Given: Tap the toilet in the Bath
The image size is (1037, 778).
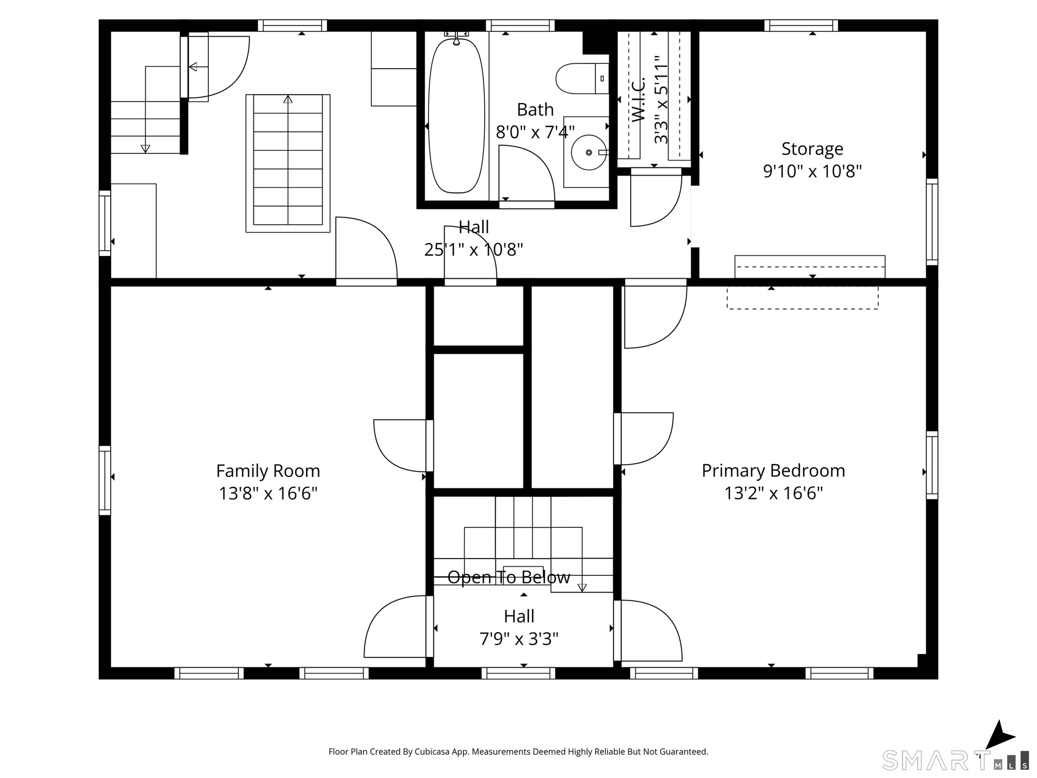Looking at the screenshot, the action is (x=582, y=78).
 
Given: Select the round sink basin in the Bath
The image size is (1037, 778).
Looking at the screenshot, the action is (x=589, y=152).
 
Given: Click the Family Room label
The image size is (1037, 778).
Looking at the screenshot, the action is (x=268, y=471).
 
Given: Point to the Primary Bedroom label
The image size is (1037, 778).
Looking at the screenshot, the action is (x=773, y=471).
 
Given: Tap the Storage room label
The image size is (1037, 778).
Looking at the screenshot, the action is (x=812, y=149).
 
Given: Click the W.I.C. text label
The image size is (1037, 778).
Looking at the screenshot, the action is (x=638, y=100).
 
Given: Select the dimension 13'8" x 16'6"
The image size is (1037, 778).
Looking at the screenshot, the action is (x=268, y=493).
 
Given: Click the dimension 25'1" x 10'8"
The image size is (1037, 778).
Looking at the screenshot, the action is (x=474, y=250).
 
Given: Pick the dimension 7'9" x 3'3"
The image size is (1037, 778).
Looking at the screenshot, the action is (x=519, y=639).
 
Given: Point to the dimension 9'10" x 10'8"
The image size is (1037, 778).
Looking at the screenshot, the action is (x=812, y=171).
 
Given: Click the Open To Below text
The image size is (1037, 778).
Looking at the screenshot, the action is (x=509, y=578).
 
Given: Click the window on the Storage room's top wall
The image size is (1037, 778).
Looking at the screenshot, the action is (x=801, y=25).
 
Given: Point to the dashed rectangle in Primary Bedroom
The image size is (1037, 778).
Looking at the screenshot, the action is (x=803, y=298).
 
